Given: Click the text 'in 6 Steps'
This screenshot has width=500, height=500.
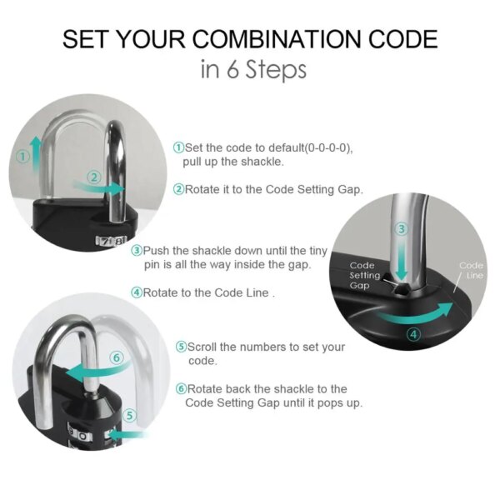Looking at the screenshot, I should click(253, 69).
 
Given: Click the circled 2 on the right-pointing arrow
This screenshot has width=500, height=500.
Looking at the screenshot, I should click(94, 177).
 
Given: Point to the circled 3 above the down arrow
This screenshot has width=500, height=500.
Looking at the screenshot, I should click(401, 228).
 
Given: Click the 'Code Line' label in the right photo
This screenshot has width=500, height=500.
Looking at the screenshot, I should click(472, 271).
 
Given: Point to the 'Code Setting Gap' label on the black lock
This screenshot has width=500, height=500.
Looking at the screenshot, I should click(363, 275).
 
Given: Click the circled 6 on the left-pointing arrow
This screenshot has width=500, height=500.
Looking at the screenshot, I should click(117, 357).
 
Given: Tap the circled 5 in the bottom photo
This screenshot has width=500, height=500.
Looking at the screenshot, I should click(127, 415).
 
